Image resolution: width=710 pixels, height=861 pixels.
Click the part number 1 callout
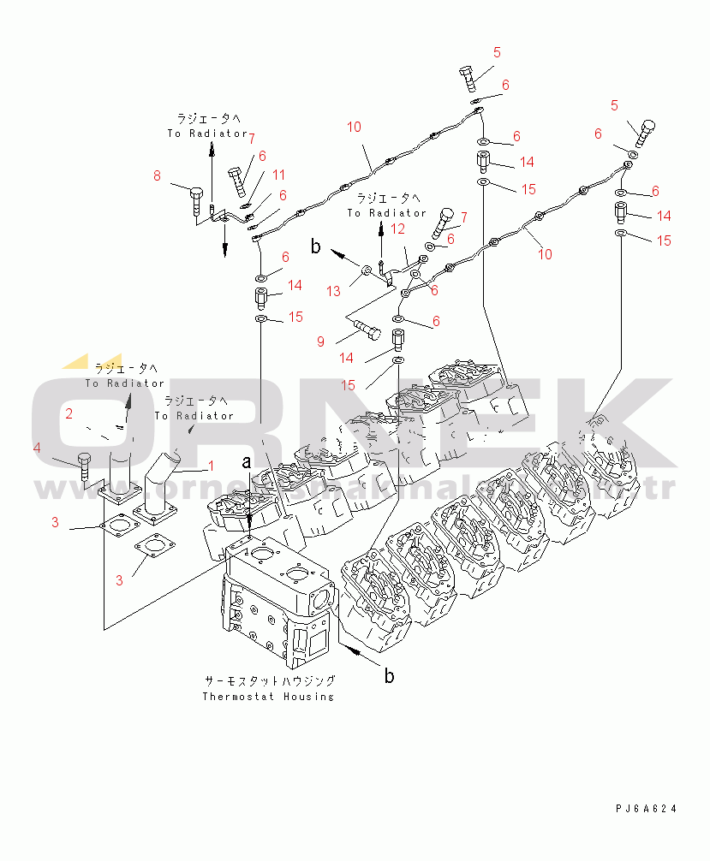(210, 467)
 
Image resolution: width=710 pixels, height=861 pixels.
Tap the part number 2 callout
(69, 414)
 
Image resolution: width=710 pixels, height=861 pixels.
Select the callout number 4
(37, 448)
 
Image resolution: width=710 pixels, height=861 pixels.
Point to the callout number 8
(157, 176)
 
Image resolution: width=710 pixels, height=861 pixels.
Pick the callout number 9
(320, 341)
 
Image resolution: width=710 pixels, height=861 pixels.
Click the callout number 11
(278, 175)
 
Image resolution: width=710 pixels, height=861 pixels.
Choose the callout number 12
(397, 229)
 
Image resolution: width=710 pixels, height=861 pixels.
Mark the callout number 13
(333, 291)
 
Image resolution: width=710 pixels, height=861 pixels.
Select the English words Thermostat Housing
(268, 696)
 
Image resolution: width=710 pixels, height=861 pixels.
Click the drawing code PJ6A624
(645, 808)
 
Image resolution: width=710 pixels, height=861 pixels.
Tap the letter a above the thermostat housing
(248, 462)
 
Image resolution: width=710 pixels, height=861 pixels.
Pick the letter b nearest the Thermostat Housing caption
(389, 676)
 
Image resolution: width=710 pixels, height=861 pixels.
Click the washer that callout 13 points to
(367, 270)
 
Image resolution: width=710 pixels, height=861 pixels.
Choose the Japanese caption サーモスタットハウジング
(269, 681)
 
